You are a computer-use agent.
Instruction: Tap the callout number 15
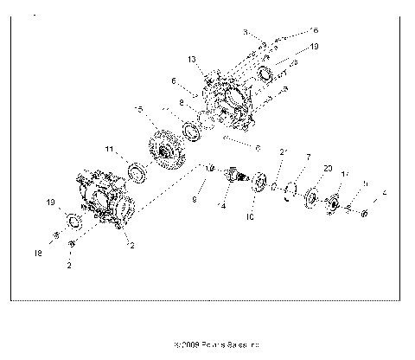138,109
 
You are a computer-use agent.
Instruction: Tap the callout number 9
195,200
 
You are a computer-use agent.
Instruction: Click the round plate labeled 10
257,184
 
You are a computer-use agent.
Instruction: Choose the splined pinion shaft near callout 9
233,179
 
